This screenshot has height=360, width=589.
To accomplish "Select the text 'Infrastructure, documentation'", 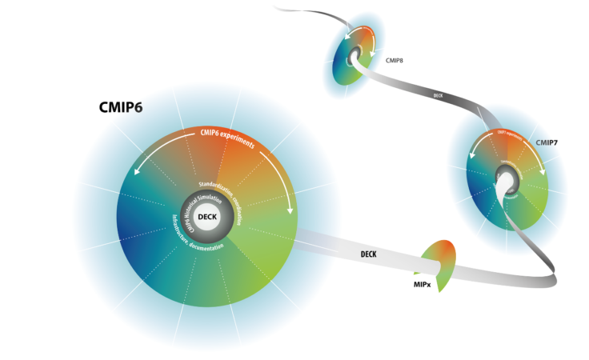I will pyautogui.click(x=194, y=239).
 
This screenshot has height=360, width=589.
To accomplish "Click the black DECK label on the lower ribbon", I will pyautogui.click(x=369, y=254).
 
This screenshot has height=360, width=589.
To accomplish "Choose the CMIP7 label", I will pyautogui.click(x=547, y=142).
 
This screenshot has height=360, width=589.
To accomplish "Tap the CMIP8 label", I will pyautogui.click(x=395, y=60).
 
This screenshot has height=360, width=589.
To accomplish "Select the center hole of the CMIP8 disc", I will pyautogui.click(x=352, y=58).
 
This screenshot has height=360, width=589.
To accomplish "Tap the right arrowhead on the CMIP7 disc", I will pyautogui.click(x=544, y=171).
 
